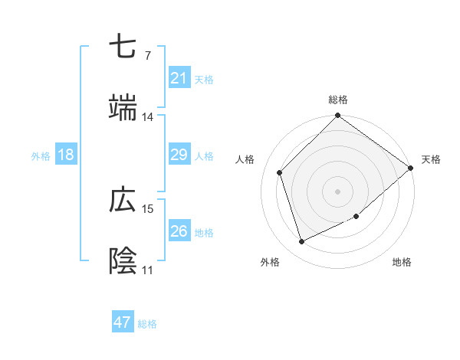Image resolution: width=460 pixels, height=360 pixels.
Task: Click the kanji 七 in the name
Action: (123, 48)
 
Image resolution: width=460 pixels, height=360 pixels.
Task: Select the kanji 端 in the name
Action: (123, 108)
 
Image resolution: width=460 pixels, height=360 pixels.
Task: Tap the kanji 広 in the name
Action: (123, 201)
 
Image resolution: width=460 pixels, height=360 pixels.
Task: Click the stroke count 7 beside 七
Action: (147, 56)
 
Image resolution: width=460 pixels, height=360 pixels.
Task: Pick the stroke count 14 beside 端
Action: (147, 117)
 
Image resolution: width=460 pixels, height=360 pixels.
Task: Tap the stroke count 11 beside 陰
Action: (147, 270)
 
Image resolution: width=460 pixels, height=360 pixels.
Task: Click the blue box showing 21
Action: (179, 78)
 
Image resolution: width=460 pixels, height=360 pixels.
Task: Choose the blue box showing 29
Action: (179, 155)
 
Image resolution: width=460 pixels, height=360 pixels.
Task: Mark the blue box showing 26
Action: (179, 231)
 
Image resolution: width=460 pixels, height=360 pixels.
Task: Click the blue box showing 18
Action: (66, 155)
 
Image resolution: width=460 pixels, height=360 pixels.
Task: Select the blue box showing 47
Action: (123, 322)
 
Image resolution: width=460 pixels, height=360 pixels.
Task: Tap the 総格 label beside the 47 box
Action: (147, 324)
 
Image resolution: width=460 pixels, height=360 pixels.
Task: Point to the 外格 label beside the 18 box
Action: (41, 155)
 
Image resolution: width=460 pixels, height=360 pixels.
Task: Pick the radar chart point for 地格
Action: (356, 217)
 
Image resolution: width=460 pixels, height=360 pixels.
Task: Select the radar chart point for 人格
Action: (280, 172)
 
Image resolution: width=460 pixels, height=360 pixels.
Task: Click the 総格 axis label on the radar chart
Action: (338, 100)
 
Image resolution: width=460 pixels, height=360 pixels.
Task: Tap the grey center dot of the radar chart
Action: (338, 191)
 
